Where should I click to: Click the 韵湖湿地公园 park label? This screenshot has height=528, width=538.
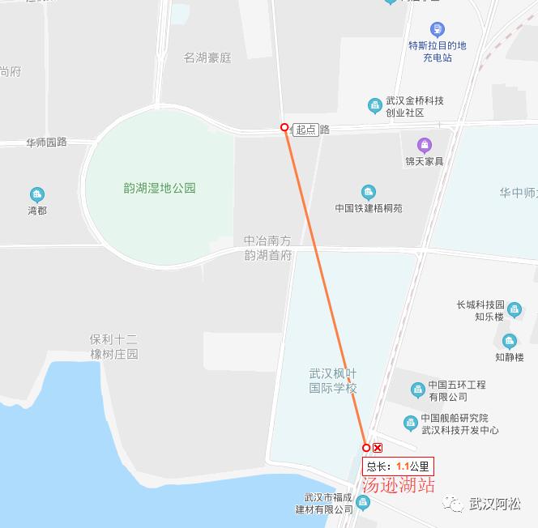154,188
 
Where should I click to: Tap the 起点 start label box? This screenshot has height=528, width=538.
305,130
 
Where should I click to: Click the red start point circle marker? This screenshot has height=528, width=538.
284,127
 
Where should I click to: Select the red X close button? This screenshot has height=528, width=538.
378,448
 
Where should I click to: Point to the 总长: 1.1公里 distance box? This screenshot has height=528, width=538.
398,466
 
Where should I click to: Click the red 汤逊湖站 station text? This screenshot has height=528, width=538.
398,486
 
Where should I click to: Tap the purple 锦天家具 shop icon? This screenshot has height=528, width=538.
425,145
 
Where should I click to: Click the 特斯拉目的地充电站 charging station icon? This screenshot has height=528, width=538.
438,29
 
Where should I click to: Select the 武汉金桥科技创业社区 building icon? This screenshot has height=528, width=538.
374,105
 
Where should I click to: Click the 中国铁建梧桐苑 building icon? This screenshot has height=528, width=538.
369,192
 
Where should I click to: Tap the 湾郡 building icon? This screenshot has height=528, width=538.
36,194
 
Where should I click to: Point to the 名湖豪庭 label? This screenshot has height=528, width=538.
207,57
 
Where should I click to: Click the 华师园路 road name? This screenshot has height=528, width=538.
46,142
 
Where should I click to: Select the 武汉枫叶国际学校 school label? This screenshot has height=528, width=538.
333,381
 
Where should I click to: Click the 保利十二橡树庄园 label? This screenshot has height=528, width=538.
113,347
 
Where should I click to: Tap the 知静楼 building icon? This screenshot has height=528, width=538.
509,341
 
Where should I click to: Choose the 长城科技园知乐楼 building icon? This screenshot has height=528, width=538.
515,309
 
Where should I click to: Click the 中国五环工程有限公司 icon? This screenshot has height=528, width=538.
417,390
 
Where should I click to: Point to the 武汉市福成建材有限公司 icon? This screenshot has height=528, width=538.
362,504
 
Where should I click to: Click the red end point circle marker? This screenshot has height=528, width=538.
366,448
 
